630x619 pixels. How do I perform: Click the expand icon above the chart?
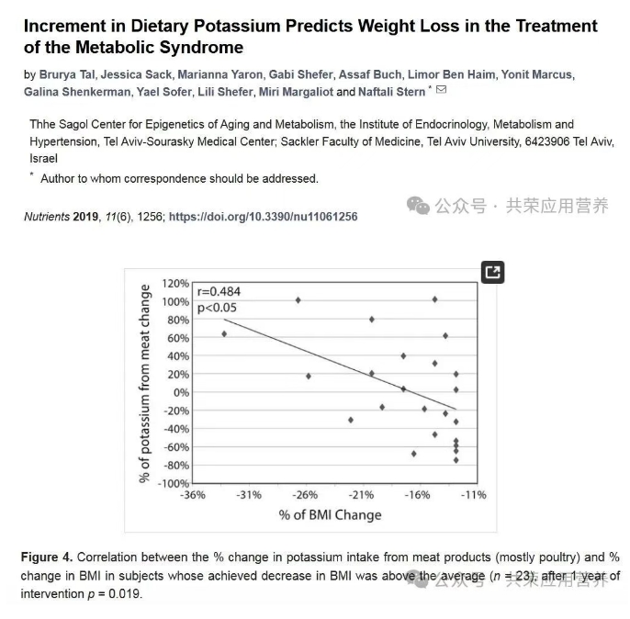(x=493, y=272)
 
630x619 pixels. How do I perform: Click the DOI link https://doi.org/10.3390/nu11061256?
(x=264, y=217)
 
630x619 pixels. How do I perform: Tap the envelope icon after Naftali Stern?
(x=441, y=90)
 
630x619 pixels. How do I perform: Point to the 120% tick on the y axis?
(x=175, y=284)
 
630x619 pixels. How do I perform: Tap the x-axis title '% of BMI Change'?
(x=330, y=515)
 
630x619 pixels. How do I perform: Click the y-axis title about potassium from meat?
(x=144, y=383)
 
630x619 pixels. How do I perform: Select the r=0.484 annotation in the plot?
(x=217, y=292)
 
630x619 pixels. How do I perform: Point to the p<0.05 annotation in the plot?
(x=217, y=308)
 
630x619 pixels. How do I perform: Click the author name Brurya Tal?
(x=67, y=74)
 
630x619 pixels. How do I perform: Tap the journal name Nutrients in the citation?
(x=46, y=217)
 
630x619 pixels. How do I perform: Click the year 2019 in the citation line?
(x=86, y=217)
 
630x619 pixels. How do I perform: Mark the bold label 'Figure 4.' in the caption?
(x=47, y=557)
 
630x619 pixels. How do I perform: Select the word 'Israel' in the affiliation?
(x=43, y=158)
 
